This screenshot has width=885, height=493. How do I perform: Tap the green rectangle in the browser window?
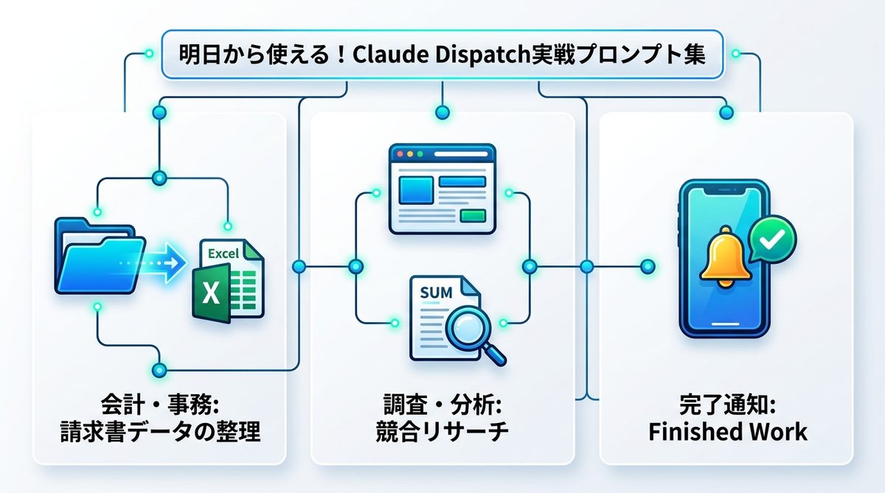tap(472, 215)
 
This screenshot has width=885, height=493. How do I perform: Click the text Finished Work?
tap(727, 432)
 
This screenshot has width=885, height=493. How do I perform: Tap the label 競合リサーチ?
tap(442, 432)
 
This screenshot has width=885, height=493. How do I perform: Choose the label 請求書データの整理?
tap(159, 432)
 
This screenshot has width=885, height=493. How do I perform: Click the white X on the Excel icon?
tap(211, 294)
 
